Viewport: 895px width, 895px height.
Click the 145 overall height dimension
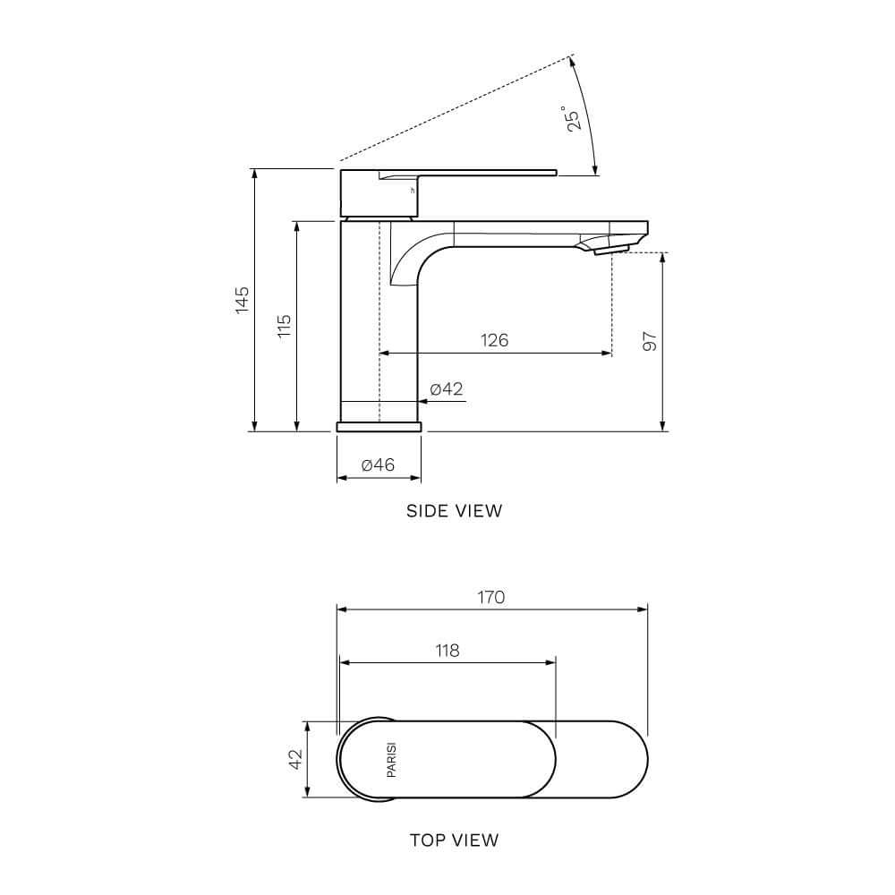click(x=242, y=300)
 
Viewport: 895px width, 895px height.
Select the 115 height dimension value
click(x=284, y=325)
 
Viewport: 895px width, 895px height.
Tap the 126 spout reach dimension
click(x=494, y=340)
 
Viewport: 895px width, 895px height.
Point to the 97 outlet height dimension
click(x=651, y=341)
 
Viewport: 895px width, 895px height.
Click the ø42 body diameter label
click(x=446, y=388)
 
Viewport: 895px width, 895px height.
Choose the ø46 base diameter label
click(x=378, y=465)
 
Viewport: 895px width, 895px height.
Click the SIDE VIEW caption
click(x=454, y=511)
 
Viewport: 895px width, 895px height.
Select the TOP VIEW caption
click(x=454, y=840)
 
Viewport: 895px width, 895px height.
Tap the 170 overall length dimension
click(x=490, y=597)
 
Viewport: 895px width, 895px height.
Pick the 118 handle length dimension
click(x=447, y=651)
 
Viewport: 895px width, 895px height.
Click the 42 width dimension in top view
click(x=294, y=760)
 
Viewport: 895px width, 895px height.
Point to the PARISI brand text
click(x=391, y=760)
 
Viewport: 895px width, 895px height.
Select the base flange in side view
click(x=379, y=427)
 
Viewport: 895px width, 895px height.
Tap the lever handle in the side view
click(x=483, y=172)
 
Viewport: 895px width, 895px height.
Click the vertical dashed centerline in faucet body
click(x=379, y=322)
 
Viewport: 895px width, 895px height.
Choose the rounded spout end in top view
click(x=631, y=760)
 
